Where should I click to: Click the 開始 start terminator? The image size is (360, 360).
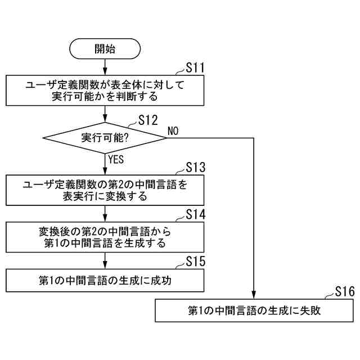[105, 49]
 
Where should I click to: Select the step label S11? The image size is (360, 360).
[194, 69]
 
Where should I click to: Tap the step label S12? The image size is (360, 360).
[147, 119]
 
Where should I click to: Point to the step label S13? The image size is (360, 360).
[195, 168]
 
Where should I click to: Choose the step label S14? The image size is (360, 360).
[195, 215]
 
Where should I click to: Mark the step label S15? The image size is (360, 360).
[195, 262]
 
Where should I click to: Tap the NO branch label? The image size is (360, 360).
[173, 131]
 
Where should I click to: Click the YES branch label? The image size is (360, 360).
[116, 159]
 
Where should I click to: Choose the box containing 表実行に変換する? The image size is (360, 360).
[105, 190]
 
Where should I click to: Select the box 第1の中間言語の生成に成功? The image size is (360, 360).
[105, 280]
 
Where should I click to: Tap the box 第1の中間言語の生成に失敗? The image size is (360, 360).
[254, 310]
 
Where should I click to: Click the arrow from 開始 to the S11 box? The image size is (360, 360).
[105, 67]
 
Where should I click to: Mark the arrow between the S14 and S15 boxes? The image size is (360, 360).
[105, 260]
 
